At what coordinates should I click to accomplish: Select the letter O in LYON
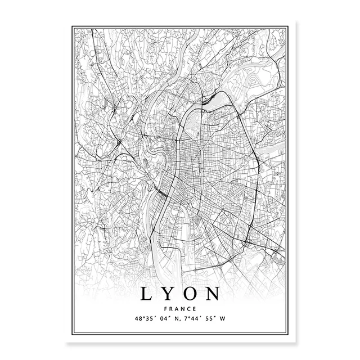[191, 294]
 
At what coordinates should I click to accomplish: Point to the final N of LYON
[213, 294]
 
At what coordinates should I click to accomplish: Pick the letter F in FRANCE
[167, 309]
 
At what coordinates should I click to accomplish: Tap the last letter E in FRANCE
[193, 309]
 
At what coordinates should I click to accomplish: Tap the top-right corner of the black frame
[287, 25]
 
